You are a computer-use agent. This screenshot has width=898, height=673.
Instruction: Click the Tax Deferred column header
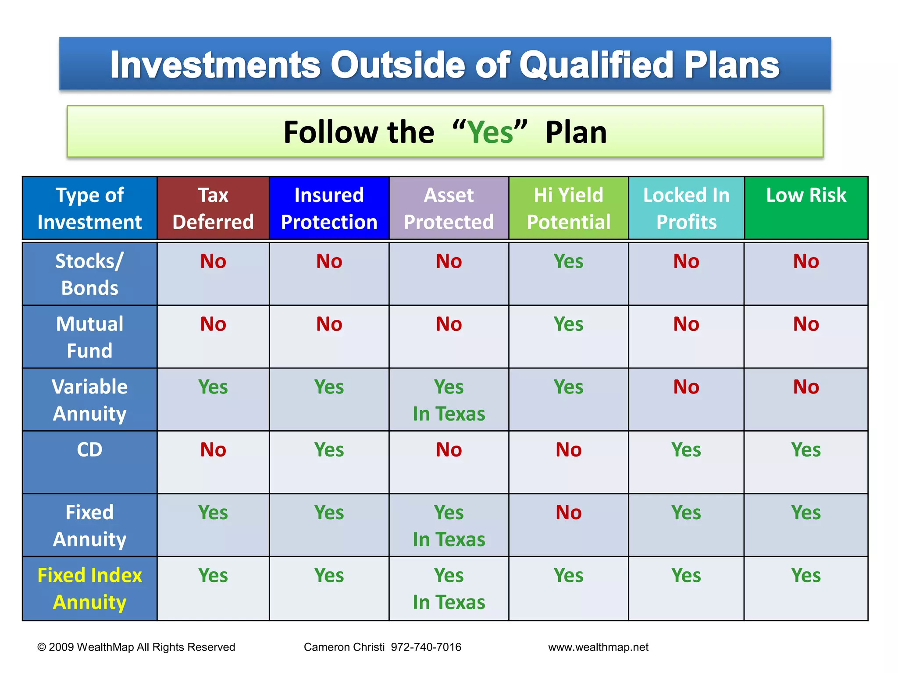[213, 208]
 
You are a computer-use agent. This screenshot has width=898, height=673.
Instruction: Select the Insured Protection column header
[329, 208]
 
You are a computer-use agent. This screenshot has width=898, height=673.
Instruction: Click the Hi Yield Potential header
[568, 208]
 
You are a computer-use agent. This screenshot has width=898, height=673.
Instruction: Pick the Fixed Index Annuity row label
[89, 588]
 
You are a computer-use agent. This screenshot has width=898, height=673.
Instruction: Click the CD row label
[89, 450]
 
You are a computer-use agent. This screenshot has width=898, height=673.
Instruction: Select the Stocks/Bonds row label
[89, 274]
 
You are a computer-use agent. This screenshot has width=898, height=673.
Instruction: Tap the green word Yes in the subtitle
[490, 132]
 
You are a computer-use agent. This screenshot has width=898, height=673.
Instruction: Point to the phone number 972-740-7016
[426, 647]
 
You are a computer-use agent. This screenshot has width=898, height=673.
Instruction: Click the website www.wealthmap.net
[598, 647]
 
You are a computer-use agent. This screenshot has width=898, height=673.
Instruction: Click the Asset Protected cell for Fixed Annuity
[449, 525]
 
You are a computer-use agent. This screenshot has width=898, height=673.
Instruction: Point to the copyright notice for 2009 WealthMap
[136, 647]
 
